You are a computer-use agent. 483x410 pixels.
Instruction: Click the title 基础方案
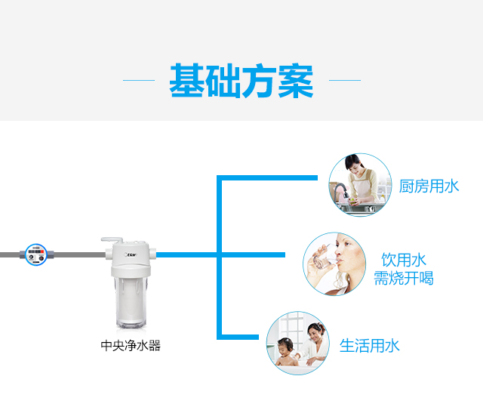pos(241,81)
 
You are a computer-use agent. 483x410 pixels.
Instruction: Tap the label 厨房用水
pos(429,187)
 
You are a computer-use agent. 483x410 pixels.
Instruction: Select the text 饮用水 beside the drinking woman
pos(404,260)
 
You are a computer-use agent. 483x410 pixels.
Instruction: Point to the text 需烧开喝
pos(404,278)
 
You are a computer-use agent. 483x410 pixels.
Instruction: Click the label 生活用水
pos(369,346)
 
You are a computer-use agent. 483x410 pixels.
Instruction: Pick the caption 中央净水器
pos(131,346)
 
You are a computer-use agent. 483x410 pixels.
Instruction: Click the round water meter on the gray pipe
pos(36,254)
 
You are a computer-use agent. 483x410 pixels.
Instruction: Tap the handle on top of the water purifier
pos(112,239)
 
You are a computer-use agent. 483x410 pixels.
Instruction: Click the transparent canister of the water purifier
pos(131,302)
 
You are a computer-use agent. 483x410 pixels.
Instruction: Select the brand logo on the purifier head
pos(131,254)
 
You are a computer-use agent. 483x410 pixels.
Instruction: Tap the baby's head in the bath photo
pos(285,346)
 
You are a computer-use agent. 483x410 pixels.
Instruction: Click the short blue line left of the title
pos(139,80)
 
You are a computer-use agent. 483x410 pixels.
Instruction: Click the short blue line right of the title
pos(345,80)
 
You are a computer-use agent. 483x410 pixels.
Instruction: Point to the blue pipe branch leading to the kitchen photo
pos(267,178)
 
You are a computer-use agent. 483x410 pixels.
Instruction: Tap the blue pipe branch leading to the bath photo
pos(238,337)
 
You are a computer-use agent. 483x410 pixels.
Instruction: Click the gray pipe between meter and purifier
pos(80,254)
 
